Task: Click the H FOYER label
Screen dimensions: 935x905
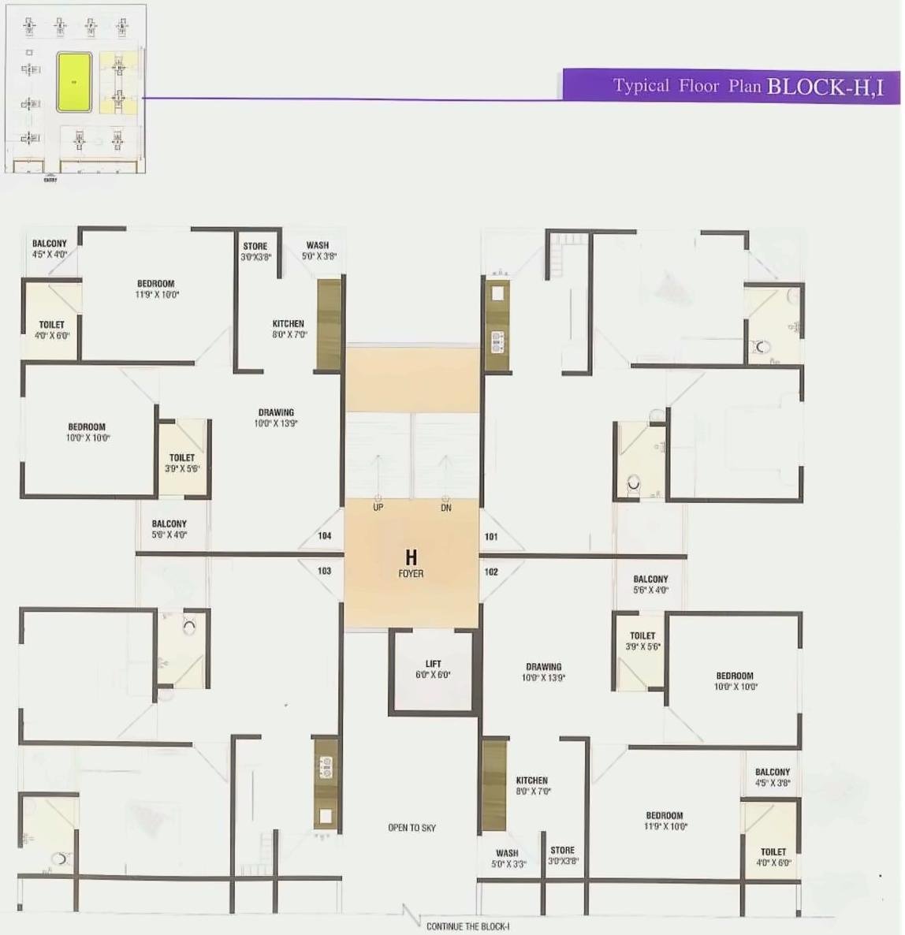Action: point(411,564)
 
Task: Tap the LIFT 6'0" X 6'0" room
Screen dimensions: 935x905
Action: point(433,669)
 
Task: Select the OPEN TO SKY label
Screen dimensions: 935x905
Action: point(412,828)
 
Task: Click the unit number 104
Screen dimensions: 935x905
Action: point(325,536)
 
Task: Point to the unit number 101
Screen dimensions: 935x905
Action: point(491,537)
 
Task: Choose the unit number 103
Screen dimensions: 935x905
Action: point(325,571)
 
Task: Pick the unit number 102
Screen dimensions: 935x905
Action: point(491,572)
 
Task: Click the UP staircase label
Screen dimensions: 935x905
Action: point(378,508)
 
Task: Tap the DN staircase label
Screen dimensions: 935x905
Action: point(446,508)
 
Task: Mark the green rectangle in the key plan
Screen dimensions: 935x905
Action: point(74,82)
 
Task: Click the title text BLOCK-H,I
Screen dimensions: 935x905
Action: point(825,86)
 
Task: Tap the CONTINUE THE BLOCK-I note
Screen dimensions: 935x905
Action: point(468,926)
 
